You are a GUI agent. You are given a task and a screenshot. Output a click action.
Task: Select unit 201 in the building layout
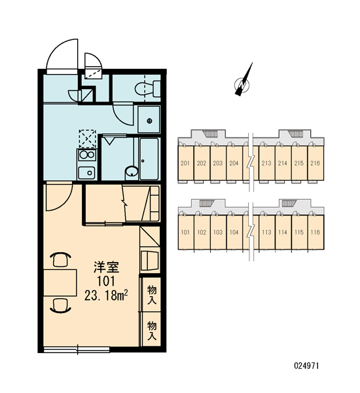point(185,163)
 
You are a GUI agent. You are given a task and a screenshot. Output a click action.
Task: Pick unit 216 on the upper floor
point(315,163)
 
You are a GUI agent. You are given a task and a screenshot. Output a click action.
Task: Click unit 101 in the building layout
point(185,232)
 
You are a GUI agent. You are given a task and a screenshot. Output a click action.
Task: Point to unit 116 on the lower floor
point(315,232)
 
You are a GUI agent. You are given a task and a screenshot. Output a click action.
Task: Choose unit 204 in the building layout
point(234,163)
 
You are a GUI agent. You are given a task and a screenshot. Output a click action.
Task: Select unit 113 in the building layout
point(266,232)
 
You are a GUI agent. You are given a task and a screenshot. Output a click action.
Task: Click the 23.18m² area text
point(106,295)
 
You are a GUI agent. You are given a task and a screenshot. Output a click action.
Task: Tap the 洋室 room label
point(106,267)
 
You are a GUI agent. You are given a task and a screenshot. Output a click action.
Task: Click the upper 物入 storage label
point(152,295)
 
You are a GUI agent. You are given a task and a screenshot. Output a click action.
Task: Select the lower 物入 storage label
point(152,331)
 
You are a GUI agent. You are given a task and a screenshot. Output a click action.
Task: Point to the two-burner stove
point(87,155)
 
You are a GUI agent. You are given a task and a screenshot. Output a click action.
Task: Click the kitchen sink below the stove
point(86,172)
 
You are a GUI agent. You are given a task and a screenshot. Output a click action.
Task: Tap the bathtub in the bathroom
point(149,159)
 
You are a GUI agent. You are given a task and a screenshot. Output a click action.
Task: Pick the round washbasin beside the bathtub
point(132,172)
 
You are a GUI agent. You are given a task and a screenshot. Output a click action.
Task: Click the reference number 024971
point(306,365)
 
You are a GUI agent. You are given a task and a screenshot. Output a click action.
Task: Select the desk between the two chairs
point(60,283)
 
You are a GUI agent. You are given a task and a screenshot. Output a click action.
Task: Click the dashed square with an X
point(88,139)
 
